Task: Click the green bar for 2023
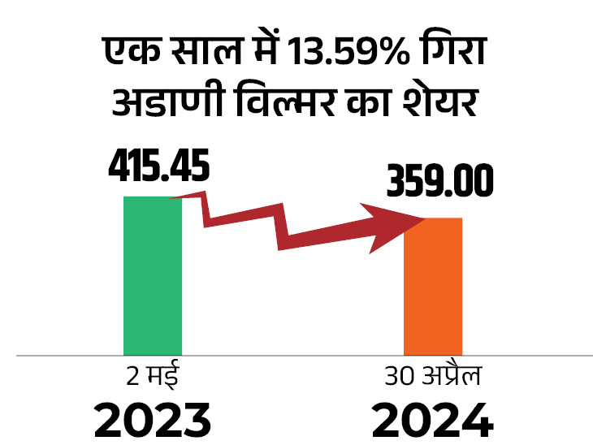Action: point(153,276)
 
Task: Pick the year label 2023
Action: point(153,421)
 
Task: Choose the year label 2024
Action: point(433,421)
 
